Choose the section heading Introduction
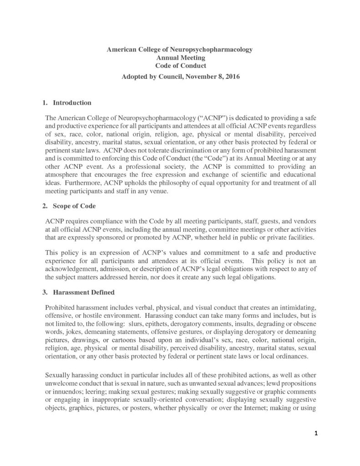pyautogui.click(x=72, y=103)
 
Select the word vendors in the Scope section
pyautogui.click(x=304, y=220)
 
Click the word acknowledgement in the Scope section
pyautogui.click(x=72, y=270)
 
